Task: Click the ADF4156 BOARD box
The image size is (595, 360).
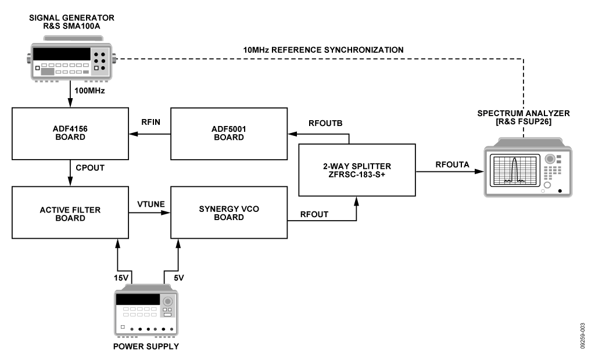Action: click(70, 134)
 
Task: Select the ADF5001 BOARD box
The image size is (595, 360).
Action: click(229, 134)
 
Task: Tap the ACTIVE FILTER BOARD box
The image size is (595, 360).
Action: click(70, 213)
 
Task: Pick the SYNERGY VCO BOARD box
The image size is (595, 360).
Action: click(229, 213)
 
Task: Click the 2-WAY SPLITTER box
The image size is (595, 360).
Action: click(357, 170)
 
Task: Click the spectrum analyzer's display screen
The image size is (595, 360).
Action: click(515, 170)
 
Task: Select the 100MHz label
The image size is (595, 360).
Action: click(89, 91)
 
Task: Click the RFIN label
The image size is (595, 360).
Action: click(150, 122)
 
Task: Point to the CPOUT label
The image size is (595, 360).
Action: click(90, 168)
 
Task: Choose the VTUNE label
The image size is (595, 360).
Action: click(151, 204)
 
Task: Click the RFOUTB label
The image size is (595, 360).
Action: click(325, 123)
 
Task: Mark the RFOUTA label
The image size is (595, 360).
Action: click(452, 165)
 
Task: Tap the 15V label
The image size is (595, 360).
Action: click(121, 278)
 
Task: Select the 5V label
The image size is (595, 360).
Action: click(179, 278)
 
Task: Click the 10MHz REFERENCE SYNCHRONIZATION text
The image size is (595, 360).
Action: click(323, 50)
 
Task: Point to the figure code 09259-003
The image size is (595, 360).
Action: click(582, 336)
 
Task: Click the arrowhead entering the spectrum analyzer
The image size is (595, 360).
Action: click(479, 171)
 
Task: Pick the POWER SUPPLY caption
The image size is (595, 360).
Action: click(146, 346)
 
